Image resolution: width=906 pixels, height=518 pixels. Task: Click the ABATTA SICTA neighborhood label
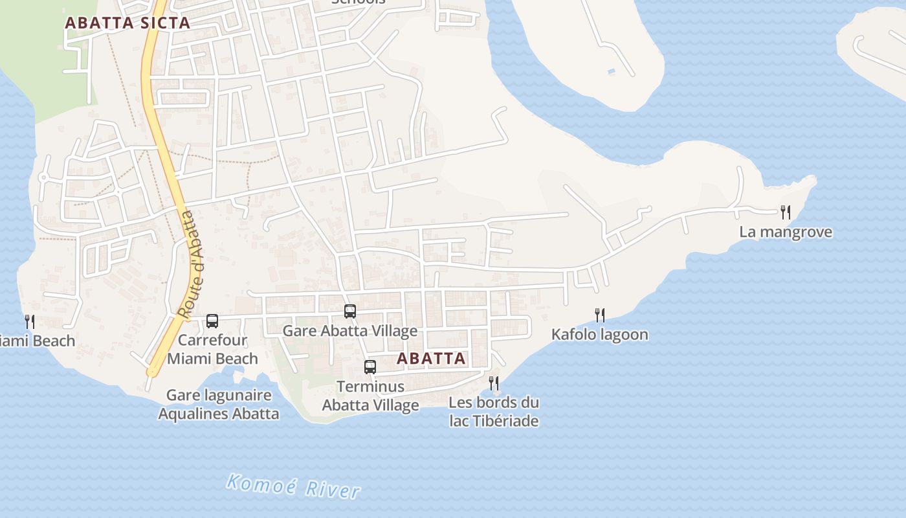(127, 23)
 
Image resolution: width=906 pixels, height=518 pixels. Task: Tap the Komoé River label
(293, 486)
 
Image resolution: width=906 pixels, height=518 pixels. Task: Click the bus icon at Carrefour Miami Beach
(212, 321)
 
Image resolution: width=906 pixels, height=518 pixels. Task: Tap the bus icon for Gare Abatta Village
(350, 311)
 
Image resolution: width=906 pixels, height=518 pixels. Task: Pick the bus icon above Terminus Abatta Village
(370, 367)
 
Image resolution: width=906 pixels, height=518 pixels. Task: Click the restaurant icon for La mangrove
(786, 212)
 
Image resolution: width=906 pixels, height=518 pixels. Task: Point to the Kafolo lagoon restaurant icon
(600, 315)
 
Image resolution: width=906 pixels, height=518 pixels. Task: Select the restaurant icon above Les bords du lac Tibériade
(494, 383)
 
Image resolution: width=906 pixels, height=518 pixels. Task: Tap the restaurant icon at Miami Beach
(29, 321)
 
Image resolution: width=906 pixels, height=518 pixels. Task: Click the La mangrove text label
(786, 232)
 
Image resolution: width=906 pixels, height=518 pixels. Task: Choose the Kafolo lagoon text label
(599, 335)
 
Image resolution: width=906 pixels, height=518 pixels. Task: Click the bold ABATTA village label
(431, 358)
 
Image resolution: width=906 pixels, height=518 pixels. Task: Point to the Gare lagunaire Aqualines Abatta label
(219, 405)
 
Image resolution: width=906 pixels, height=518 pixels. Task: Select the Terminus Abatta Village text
(371, 396)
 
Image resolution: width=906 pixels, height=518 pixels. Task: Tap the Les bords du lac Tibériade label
(494, 412)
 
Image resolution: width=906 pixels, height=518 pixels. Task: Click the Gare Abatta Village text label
(350, 332)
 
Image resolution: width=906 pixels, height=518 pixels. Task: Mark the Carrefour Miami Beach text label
(212, 349)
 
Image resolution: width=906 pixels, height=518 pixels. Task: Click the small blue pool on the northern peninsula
(612, 71)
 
